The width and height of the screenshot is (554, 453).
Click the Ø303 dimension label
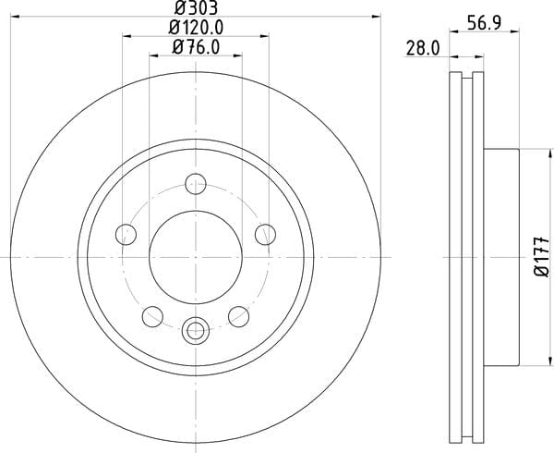pyautogui.click(x=196, y=7)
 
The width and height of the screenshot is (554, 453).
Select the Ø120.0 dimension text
pyautogui.click(x=196, y=28)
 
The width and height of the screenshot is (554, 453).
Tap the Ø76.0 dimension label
pyautogui.click(x=196, y=47)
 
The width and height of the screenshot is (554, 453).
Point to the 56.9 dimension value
pyautogui.click(x=484, y=23)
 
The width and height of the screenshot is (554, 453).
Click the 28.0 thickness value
pyautogui.click(x=423, y=48)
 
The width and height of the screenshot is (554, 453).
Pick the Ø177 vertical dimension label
pyautogui.click(x=542, y=257)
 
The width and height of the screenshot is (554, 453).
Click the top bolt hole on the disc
pyautogui.click(x=196, y=184)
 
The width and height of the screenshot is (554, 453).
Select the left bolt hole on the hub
pyautogui.click(x=126, y=234)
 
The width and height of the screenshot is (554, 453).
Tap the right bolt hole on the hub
pyautogui.click(x=265, y=234)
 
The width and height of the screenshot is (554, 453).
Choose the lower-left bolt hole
pyautogui.click(x=152, y=316)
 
